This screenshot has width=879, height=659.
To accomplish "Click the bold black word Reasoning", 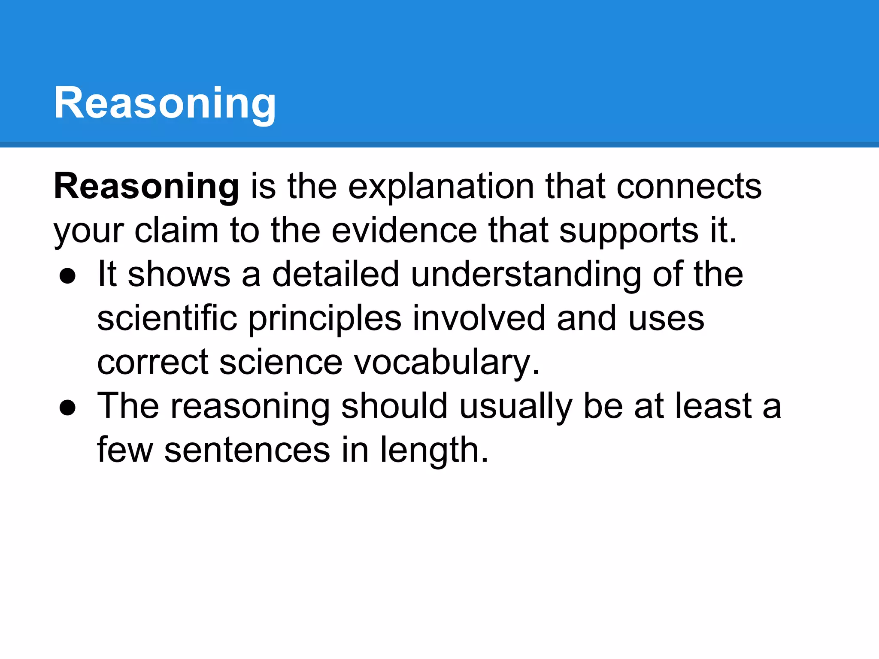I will coord(146,187).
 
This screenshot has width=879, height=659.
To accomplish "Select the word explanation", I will coord(441,187).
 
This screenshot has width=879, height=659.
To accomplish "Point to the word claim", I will coord(176,231).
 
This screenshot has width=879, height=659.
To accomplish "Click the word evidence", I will coord(404,231).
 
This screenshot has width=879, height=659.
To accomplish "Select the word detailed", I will coord(336,275).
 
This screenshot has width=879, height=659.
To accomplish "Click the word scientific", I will coord(167,318).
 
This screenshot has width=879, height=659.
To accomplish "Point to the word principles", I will coord(325,319).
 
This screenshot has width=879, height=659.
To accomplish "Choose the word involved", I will coord(479,318).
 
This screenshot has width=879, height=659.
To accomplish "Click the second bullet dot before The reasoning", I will coord(68,408).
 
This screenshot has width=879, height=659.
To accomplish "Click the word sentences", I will coord(247,450).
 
